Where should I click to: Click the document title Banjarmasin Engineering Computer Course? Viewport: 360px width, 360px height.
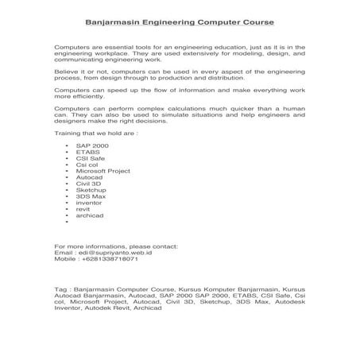tap(179, 23)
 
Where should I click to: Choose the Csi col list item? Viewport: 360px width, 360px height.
tap(87, 166)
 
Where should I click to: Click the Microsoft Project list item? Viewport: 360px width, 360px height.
tap(103, 172)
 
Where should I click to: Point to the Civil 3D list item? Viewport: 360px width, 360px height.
tap(89, 184)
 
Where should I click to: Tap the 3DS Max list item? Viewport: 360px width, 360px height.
tap(89, 197)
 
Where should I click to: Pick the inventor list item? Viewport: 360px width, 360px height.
tap(89, 203)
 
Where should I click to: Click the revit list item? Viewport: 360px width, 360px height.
tap(83, 209)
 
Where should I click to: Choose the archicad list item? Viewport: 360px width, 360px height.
tap(89, 215)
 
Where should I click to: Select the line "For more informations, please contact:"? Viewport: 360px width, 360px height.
tap(116, 246)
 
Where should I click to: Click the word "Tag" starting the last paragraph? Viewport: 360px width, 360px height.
tap(60, 290)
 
